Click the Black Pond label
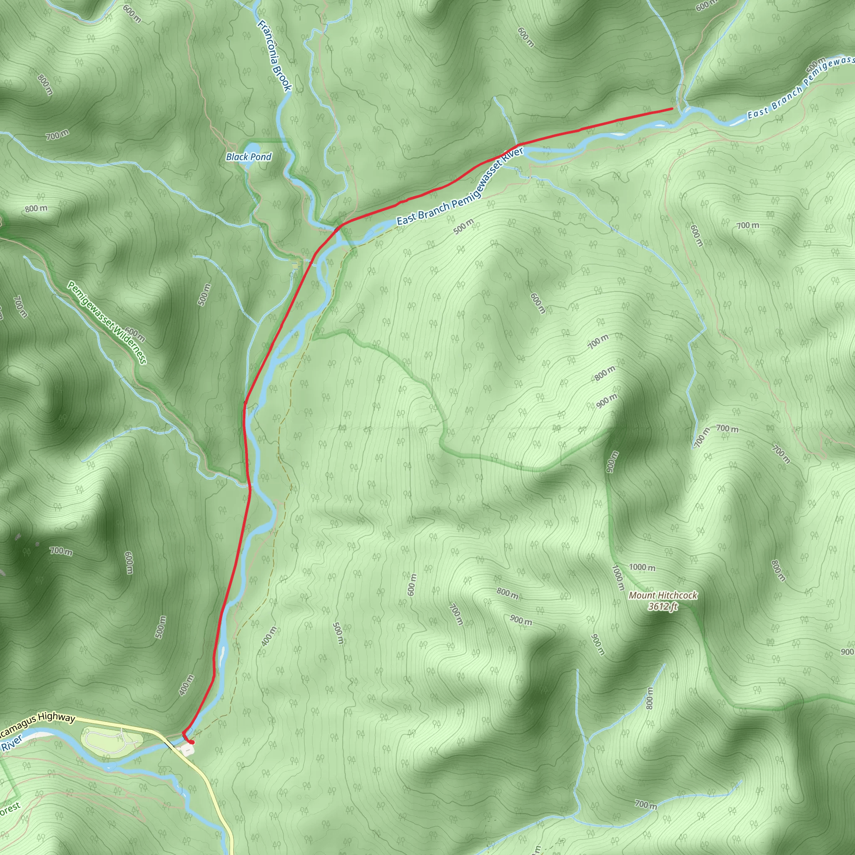pyautogui.click(x=248, y=157)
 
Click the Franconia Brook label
pyautogui.click(x=274, y=56)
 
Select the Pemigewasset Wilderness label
pyautogui.click(x=106, y=322)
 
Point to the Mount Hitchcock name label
pyautogui.click(x=663, y=595)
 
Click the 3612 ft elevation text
pyautogui.click(x=663, y=606)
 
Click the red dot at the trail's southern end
pyautogui.click(x=192, y=742)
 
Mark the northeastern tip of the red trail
pyautogui.click(x=672, y=109)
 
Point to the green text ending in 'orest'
pyautogui.click(x=10, y=808)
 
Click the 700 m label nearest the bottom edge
pyautogui.click(x=646, y=804)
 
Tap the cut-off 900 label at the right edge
pyautogui.click(x=847, y=652)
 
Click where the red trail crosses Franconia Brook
pyautogui.click(x=338, y=228)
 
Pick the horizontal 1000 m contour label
pyautogui.click(x=642, y=567)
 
